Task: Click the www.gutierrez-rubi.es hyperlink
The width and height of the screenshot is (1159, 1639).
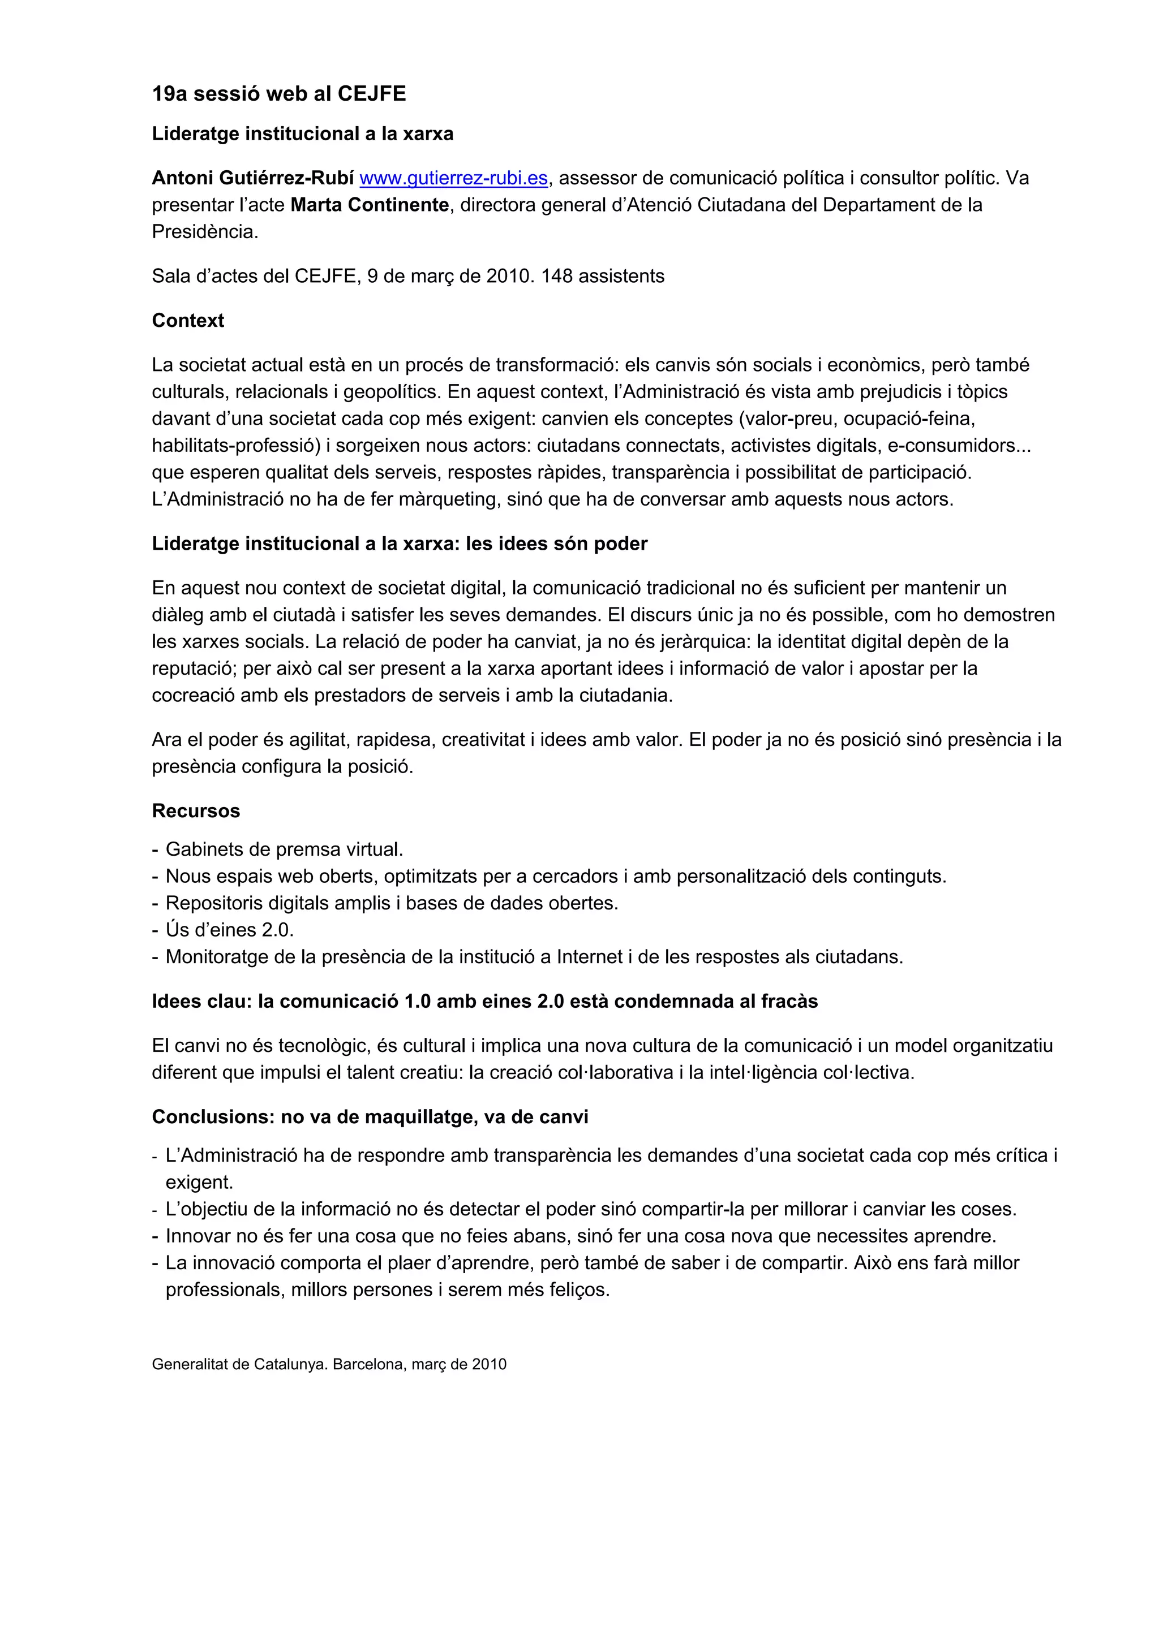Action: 453,178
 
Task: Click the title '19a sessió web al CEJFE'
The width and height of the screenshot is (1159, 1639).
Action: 278,93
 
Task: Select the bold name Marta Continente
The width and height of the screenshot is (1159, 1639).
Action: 369,205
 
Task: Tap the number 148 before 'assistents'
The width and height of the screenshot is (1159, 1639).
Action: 556,276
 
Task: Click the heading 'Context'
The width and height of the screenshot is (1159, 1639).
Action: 188,321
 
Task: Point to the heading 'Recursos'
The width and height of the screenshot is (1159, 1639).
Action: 196,811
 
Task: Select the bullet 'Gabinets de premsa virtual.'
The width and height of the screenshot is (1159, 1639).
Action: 284,849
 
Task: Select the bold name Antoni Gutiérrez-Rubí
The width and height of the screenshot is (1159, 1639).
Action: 253,178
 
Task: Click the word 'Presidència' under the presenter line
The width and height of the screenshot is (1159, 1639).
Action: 204,232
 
